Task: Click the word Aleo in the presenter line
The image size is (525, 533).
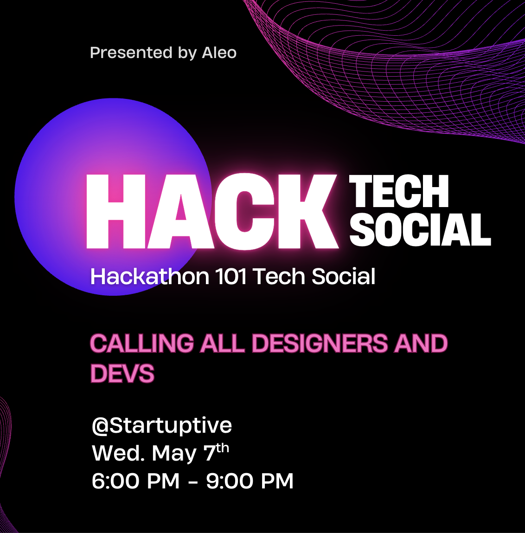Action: pyautogui.click(x=219, y=52)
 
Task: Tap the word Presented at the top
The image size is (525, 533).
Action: pyautogui.click(x=131, y=52)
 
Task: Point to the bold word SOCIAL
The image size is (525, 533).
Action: pyautogui.click(x=420, y=229)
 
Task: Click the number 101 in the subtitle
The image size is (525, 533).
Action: pyautogui.click(x=230, y=276)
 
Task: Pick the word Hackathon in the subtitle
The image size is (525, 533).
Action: pyautogui.click(x=149, y=276)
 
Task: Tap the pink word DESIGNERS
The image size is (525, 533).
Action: pyautogui.click(x=320, y=343)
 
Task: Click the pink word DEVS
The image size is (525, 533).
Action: pyautogui.click(x=122, y=373)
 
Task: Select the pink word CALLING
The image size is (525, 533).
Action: pyautogui.click(x=141, y=343)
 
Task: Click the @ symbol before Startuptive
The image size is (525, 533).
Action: pyautogui.click(x=100, y=425)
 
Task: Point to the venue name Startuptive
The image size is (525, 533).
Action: pyautogui.click(x=171, y=425)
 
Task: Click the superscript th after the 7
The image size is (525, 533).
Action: pyautogui.click(x=223, y=448)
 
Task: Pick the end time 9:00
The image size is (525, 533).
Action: pyautogui.click(x=230, y=481)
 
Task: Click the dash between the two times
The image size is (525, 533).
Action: pyautogui.click(x=192, y=482)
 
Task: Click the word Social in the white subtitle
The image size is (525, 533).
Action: pyautogui.click(x=343, y=276)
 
